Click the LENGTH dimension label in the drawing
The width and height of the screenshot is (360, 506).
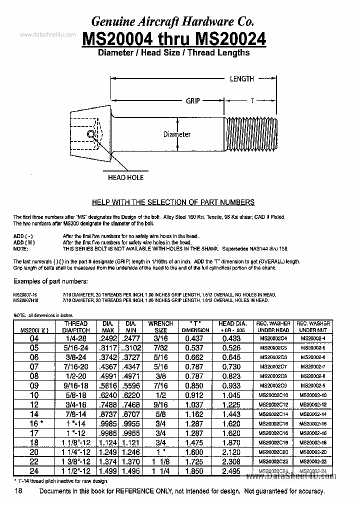(241, 78)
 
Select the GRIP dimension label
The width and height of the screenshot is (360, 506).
(193, 100)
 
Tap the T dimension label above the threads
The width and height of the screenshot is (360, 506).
(252, 100)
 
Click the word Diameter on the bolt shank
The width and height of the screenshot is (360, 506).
(177, 134)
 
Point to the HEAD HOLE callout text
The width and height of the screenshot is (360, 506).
(125, 177)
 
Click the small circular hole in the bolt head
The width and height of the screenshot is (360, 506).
(90, 134)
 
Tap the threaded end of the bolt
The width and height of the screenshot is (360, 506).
(250, 134)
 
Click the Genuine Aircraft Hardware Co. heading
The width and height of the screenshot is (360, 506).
(172, 21)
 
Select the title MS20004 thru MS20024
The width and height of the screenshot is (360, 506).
(173, 39)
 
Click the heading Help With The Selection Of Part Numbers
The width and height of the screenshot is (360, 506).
(173, 202)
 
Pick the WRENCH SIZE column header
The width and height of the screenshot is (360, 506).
(160, 327)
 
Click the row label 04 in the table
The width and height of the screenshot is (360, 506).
(34, 338)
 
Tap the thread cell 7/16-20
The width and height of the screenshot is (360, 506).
(75, 366)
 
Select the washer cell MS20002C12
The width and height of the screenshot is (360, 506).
(273, 404)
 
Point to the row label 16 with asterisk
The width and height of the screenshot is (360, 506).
(35, 423)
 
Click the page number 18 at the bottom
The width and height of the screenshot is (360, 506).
(18, 491)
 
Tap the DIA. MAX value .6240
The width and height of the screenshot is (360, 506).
(108, 394)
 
